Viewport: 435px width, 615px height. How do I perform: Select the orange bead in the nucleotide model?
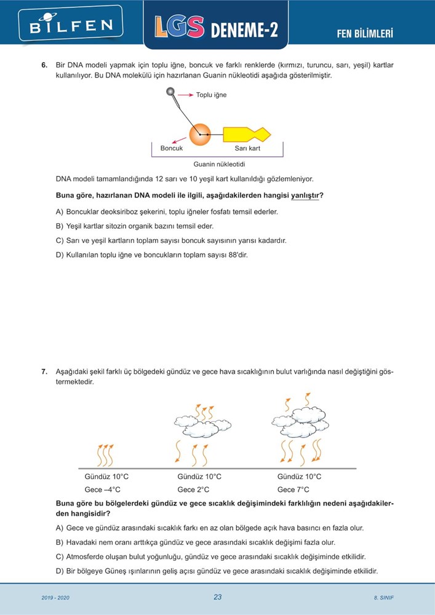(199, 133)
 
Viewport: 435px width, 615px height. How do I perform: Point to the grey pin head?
(170, 92)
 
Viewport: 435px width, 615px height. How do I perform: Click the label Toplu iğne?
(211, 95)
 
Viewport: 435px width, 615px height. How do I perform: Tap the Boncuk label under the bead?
(172, 149)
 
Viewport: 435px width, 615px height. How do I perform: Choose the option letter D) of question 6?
(60, 255)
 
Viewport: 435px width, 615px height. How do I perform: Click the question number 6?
(44, 65)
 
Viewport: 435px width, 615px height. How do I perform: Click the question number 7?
(44, 371)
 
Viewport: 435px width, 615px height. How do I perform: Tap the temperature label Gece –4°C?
(103, 490)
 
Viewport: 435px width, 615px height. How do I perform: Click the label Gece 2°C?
(193, 490)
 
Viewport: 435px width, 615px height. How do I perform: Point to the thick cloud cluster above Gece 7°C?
(301, 419)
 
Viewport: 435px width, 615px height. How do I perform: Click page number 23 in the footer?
(217, 597)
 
